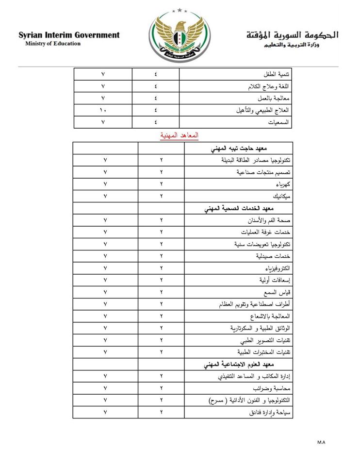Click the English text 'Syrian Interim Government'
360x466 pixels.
[x=69, y=35]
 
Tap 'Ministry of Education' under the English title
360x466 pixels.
[x=53, y=44]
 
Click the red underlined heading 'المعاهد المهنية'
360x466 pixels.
[x=180, y=135]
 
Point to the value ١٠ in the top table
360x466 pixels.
[x=103, y=111]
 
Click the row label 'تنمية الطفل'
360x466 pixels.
[x=279, y=74]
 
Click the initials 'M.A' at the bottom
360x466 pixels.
[x=321, y=442]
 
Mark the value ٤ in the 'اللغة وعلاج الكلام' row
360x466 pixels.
[x=156, y=86]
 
